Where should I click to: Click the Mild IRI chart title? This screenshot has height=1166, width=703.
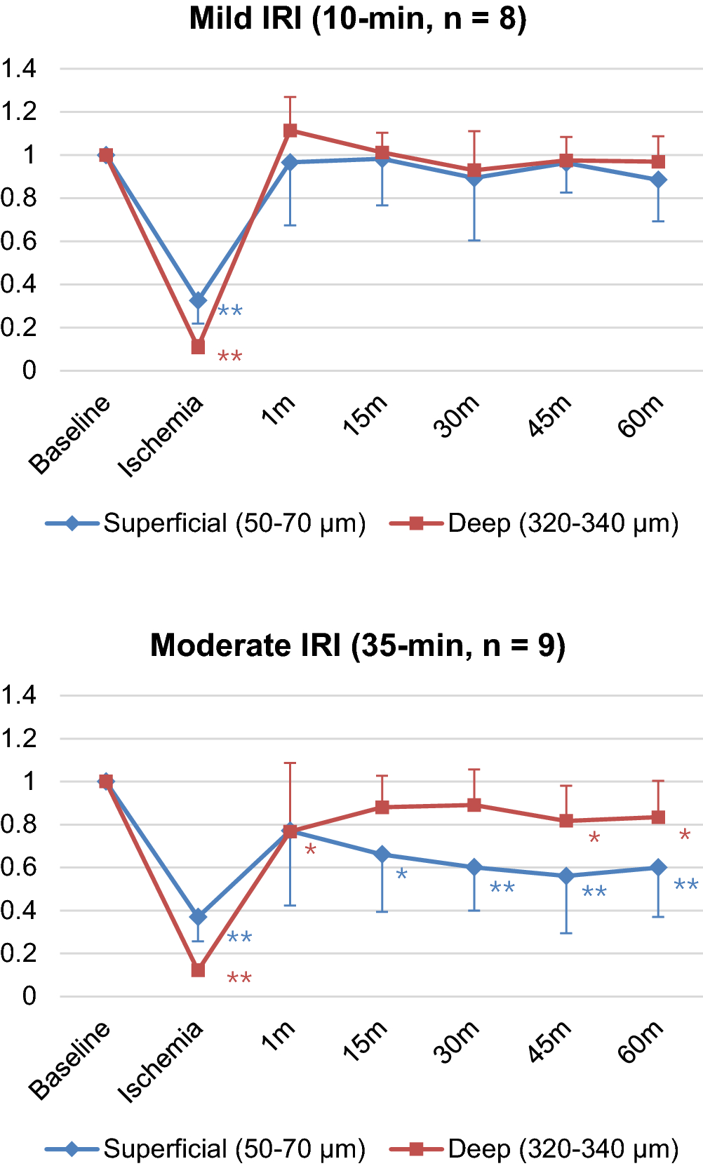pyautogui.click(x=358, y=18)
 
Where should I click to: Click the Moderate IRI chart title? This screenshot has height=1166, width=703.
pyautogui.click(x=358, y=645)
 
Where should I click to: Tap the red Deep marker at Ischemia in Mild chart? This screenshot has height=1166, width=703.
pyautogui.click(x=198, y=347)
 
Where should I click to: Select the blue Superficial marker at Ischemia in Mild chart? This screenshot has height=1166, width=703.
pyautogui.click(x=198, y=300)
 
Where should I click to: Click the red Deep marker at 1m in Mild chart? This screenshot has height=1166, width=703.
pyautogui.click(x=290, y=130)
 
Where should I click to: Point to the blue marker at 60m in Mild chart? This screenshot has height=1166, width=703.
pyautogui.click(x=658, y=180)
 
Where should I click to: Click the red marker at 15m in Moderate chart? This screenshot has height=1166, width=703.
pyautogui.click(x=382, y=807)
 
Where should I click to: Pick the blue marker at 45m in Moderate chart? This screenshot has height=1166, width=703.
pyautogui.click(x=566, y=876)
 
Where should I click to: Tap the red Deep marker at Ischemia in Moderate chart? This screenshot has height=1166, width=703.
pyautogui.click(x=198, y=970)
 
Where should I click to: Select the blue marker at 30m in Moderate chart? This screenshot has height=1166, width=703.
pyautogui.click(x=474, y=867)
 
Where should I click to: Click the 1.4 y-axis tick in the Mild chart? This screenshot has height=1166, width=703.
pyautogui.click(x=19, y=69)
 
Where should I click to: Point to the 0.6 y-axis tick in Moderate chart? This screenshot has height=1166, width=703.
pyautogui.click(x=19, y=867)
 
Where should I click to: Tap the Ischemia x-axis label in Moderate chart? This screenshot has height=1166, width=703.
pyautogui.click(x=161, y=1061)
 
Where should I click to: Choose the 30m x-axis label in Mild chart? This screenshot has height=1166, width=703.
pyautogui.click(x=457, y=417)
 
